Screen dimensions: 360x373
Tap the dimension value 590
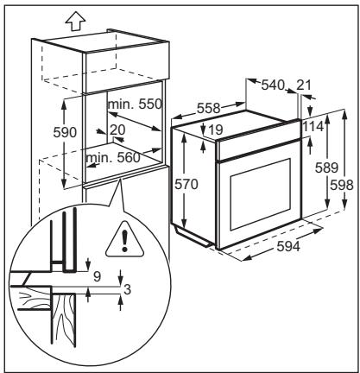tap(65, 133)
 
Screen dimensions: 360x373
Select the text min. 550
tap(135, 104)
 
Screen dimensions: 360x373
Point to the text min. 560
tap(113, 157)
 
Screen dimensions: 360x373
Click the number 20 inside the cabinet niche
tap(117, 130)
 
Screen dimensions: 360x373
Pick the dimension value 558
tap(209, 109)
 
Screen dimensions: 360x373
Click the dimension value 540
tap(273, 85)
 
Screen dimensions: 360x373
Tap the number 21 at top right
tap(304, 85)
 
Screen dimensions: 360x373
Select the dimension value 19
tap(215, 130)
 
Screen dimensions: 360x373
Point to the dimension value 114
tap(313, 126)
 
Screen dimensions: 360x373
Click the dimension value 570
tap(186, 184)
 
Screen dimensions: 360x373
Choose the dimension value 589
tap(326, 168)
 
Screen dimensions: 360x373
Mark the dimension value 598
tap(342, 185)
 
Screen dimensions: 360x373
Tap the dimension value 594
tap(288, 246)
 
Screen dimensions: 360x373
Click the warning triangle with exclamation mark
tap(124, 239)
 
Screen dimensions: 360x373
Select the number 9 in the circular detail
tap(98, 277)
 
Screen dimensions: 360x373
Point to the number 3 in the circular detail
tap(127, 289)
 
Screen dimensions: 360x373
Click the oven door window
tap(260, 194)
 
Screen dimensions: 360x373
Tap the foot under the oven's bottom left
tap(193, 237)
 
